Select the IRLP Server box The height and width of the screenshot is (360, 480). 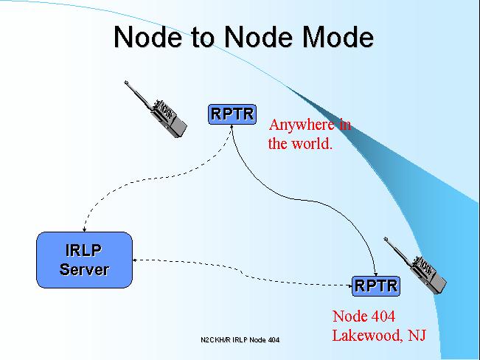85,260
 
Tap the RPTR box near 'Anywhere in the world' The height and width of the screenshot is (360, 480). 232,114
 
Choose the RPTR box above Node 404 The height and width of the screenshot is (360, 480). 376,286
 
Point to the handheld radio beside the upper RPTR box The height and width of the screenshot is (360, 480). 156,109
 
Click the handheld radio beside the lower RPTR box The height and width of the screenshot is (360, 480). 415,266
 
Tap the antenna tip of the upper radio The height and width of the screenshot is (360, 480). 126,82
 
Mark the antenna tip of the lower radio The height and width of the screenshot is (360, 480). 386,239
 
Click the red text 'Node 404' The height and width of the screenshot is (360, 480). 364,316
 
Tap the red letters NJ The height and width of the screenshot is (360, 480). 417,335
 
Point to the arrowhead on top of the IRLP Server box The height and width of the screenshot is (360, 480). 84,229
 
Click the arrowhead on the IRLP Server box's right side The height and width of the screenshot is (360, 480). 134,260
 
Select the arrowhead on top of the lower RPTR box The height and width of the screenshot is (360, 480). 375,274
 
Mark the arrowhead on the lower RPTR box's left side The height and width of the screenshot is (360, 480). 350,286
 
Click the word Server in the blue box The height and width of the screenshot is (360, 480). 85,269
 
